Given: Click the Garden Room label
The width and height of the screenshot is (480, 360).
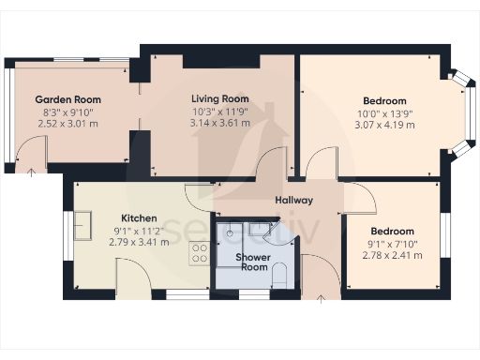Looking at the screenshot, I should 68,99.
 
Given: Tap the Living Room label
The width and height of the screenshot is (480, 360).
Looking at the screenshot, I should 219,98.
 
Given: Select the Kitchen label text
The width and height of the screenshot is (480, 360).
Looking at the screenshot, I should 138,218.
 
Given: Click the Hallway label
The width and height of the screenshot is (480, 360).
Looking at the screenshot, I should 293,202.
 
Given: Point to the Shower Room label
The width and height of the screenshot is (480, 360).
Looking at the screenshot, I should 252,262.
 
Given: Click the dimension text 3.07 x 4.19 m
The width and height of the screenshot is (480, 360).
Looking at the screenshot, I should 384,124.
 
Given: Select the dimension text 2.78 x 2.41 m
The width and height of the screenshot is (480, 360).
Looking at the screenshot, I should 391,254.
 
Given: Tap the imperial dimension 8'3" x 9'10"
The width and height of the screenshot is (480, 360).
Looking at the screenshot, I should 68,112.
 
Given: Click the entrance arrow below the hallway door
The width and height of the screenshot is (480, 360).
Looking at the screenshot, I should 322,299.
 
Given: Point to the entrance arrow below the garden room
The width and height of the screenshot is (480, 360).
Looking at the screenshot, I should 33,172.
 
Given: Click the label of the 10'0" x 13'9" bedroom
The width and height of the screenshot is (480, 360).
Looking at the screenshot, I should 384,100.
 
